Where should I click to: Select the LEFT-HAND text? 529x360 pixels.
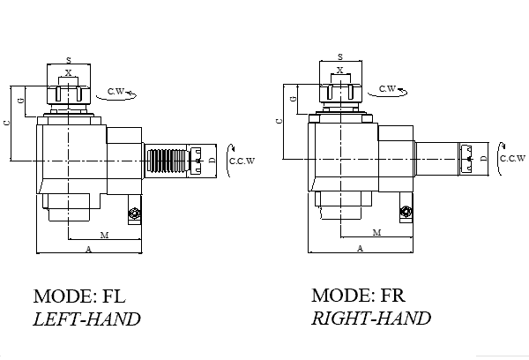(x=86, y=319)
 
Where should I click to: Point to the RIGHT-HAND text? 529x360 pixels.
(x=371, y=319)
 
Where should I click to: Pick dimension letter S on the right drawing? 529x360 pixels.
(x=339, y=57)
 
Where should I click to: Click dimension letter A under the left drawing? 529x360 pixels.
(x=87, y=251)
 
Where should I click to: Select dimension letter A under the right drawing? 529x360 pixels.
(x=360, y=249)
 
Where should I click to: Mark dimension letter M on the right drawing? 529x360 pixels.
(x=376, y=233)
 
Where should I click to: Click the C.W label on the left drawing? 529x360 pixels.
(x=115, y=92)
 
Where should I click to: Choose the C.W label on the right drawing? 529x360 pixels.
(x=388, y=88)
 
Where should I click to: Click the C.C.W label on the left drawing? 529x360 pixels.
(x=241, y=161)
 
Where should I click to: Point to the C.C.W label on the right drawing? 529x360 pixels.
(x=512, y=159)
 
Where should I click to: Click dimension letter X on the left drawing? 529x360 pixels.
(x=68, y=72)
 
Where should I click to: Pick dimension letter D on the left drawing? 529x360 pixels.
(x=212, y=160)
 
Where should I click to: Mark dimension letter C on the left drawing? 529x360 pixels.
(x=7, y=124)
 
